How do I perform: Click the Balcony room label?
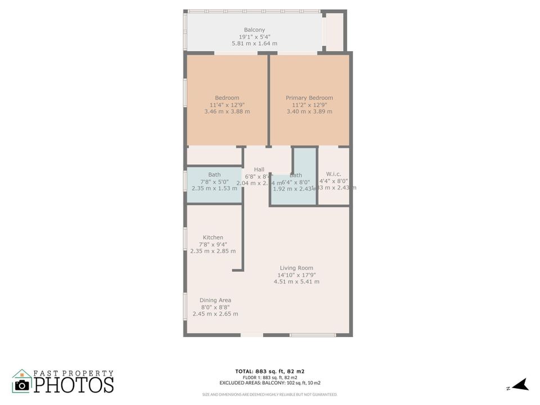click(x=254, y=30)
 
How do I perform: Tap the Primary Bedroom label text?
click(x=309, y=98)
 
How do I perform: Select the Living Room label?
click(x=296, y=268)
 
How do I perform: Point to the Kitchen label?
click(x=213, y=237)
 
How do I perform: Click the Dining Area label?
click(x=215, y=300)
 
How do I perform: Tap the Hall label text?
click(x=259, y=169)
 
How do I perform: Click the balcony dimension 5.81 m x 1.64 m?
click(x=254, y=43)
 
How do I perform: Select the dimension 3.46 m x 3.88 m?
click(x=227, y=111)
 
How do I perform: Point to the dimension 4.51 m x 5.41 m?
click(x=296, y=282)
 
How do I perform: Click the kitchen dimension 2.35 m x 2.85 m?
click(x=213, y=251)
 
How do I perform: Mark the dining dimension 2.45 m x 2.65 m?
click(x=215, y=314)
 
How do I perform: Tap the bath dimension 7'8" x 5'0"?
click(x=214, y=182)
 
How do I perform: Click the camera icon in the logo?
click(x=22, y=384)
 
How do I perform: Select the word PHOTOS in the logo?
click(x=74, y=385)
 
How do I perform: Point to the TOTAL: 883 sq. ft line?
click(x=270, y=371)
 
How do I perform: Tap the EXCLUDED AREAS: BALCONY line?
click(x=270, y=383)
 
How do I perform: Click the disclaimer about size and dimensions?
click(x=270, y=394)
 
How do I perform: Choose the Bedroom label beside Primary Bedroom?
click(x=227, y=98)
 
